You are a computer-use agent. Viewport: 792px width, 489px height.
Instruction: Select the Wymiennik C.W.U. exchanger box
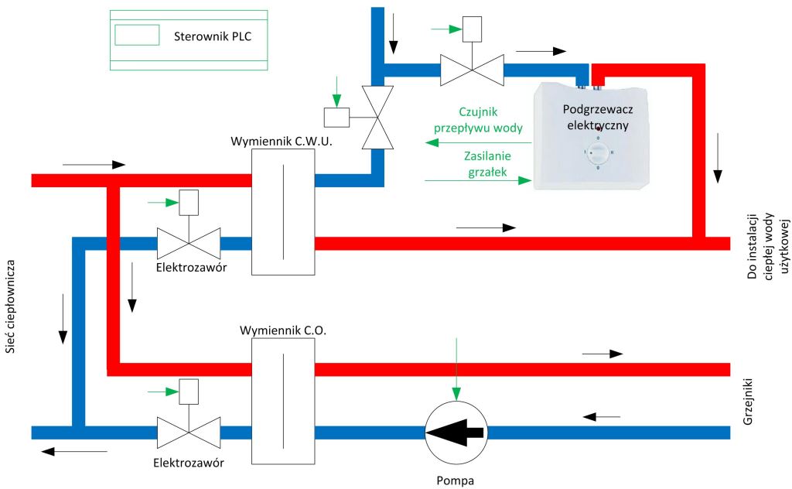click(283, 210)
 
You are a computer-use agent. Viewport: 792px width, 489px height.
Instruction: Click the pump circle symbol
click(456, 431)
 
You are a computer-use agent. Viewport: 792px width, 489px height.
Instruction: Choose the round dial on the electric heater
click(596, 153)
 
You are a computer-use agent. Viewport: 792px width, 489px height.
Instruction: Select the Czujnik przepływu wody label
click(480, 120)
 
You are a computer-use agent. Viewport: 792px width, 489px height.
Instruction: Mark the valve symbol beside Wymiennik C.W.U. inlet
click(189, 243)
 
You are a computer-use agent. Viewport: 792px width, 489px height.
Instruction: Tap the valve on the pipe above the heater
click(471, 69)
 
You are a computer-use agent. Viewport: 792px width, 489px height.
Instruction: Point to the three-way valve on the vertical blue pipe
click(379, 117)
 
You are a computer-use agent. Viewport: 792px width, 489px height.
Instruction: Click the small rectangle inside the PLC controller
click(137, 35)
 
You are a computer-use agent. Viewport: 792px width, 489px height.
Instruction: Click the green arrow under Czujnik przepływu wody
click(480, 142)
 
